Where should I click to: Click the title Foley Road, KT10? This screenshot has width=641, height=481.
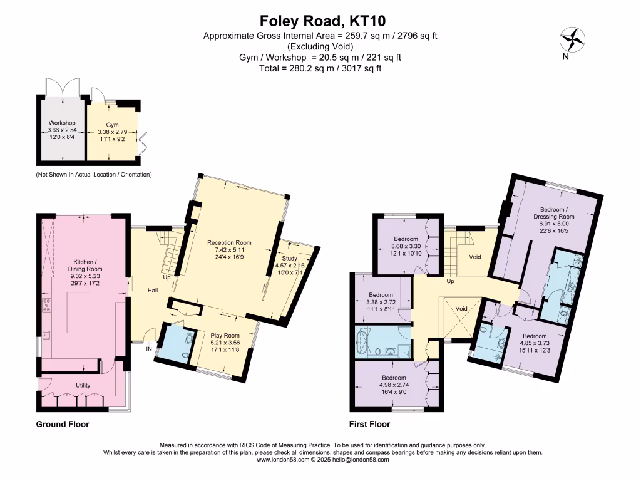320,21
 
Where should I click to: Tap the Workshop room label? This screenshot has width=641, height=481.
62,123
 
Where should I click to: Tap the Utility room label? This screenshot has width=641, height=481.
83,385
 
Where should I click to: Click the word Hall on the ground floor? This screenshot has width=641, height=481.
153,291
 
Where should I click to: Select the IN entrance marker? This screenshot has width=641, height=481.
149,349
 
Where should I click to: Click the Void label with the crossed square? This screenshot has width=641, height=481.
462,309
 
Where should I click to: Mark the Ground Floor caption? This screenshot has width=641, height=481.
62,424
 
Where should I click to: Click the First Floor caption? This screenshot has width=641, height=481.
371,424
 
